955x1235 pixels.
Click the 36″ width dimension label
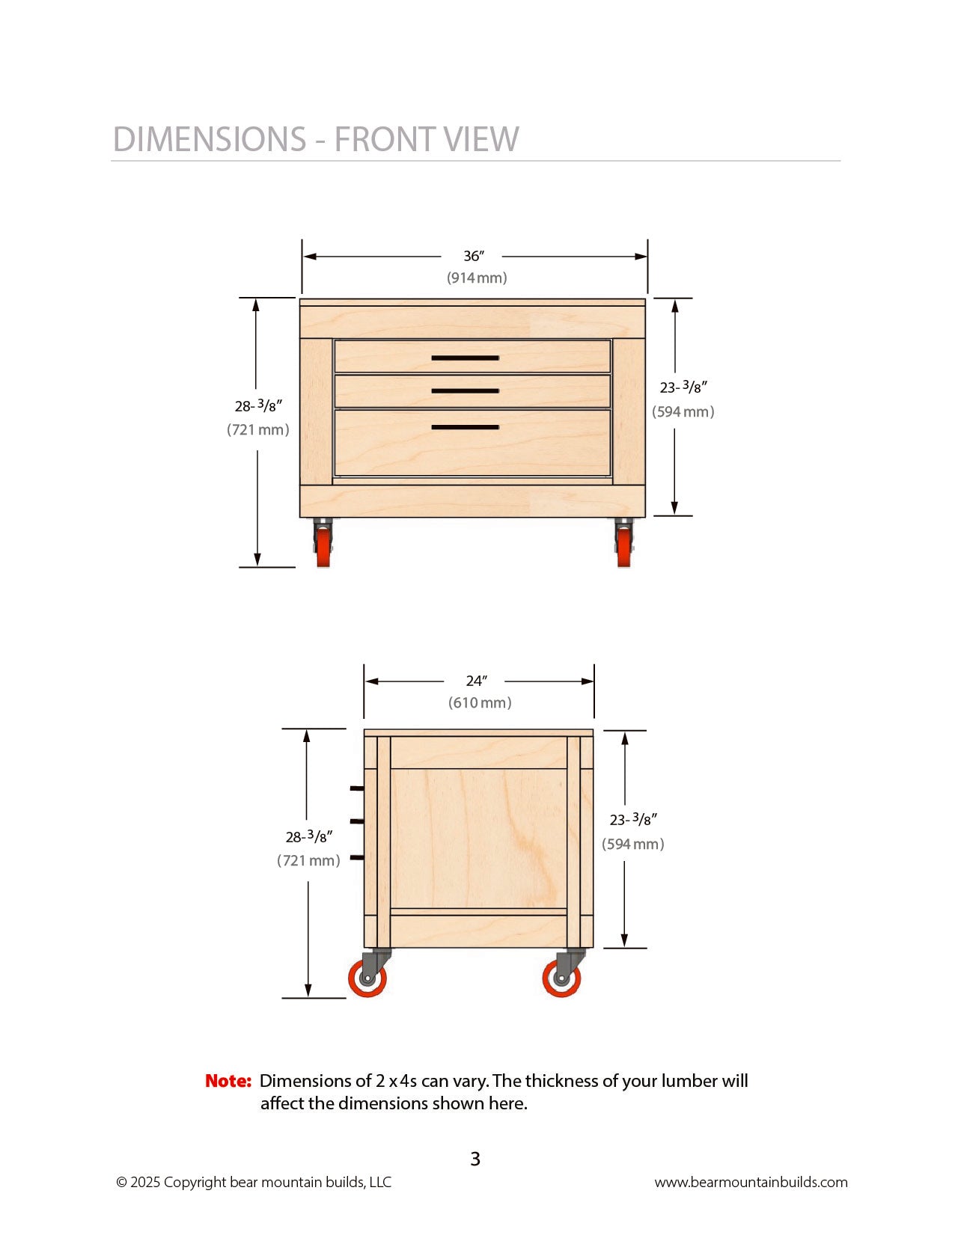coord(473,257)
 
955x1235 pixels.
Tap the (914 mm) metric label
coord(477,278)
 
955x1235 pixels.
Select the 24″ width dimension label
coord(476,681)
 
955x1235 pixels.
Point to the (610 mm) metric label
coord(480,703)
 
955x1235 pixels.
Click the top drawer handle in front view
coord(465,358)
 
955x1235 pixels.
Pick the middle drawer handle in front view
coord(465,391)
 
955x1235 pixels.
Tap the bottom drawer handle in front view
coord(465,428)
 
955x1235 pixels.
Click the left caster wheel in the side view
coord(367,978)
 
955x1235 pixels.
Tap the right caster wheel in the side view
coord(561,978)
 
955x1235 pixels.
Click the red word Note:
coord(228,1081)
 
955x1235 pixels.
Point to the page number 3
coord(475,1159)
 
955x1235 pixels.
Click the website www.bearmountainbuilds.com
coord(751,1183)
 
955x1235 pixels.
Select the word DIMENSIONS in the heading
coord(210,140)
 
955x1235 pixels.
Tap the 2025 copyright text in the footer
coord(253,1183)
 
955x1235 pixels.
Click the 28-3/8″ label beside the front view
coord(258,406)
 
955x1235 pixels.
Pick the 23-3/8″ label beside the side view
coord(633,820)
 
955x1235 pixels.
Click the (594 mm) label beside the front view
coord(683,412)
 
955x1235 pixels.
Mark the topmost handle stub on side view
coord(356,788)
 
